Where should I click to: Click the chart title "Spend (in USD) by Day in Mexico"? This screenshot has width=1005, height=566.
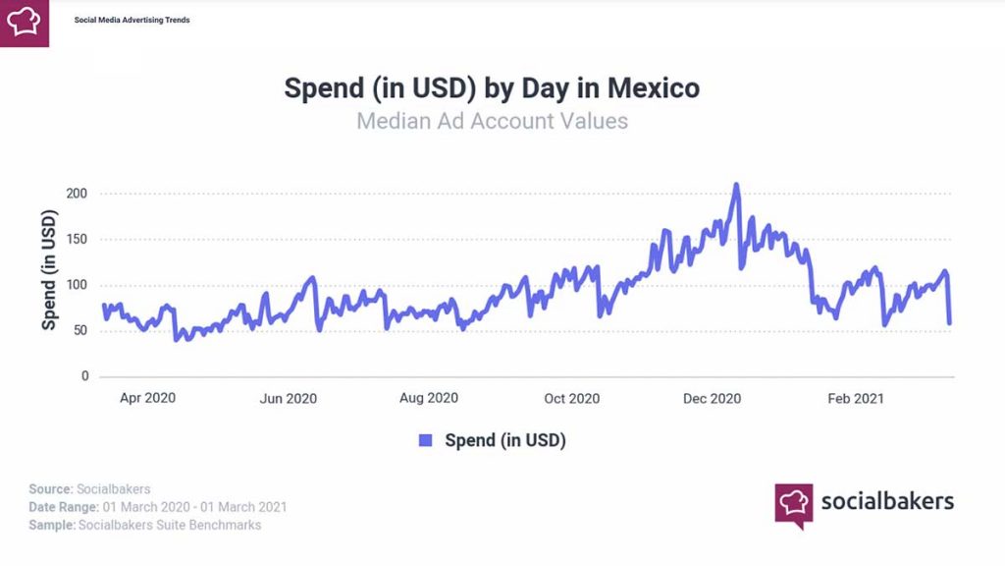click(492, 87)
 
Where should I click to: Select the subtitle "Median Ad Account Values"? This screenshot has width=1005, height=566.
click(492, 122)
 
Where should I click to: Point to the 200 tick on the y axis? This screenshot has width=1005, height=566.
click(78, 194)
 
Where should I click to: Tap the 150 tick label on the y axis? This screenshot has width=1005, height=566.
click(78, 240)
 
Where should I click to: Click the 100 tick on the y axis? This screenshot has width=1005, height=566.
click(78, 285)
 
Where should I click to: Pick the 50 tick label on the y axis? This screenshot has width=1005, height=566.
click(80, 331)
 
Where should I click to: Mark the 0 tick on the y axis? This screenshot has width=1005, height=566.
click(85, 376)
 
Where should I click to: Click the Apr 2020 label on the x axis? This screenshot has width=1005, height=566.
click(147, 398)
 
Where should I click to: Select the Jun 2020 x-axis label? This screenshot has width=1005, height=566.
click(288, 398)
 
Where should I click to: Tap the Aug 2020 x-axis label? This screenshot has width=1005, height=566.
click(429, 398)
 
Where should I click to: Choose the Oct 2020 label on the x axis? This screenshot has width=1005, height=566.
click(571, 398)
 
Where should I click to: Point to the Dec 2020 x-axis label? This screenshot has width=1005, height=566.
click(713, 398)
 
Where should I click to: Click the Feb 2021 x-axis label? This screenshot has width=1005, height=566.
click(855, 398)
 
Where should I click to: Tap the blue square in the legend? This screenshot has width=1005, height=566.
click(426, 440)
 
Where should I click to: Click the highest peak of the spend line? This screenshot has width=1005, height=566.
click(736, 185)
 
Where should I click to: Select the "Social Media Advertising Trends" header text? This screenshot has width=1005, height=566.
click(132, 20)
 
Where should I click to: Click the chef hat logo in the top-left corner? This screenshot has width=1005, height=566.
click(25, 22)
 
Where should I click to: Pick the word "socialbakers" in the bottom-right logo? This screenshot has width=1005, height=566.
click(886, 501)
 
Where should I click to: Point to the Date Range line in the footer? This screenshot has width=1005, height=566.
click(157, 507)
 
